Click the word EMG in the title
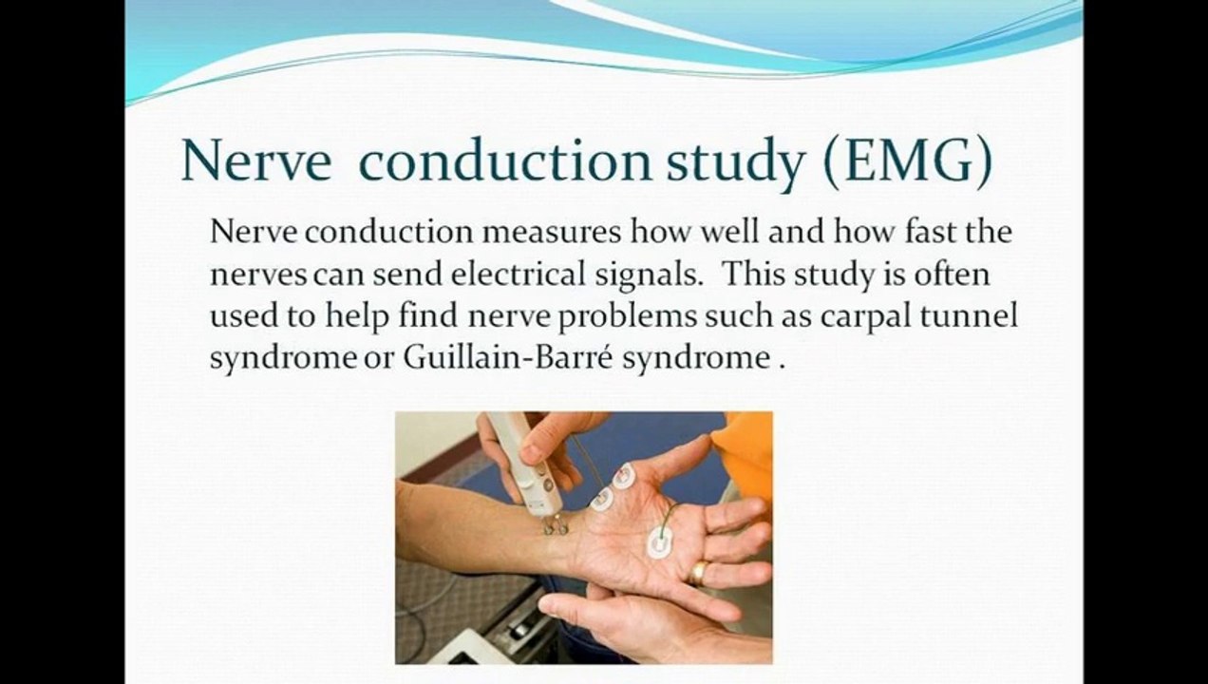[909, 161]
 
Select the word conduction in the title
[505, 161]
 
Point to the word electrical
[518, 274]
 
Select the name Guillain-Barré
[508, 357]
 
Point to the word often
[952, 274]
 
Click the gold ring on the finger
[698, 573]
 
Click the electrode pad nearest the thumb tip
[623, 477]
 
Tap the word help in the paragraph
[356, 317]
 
